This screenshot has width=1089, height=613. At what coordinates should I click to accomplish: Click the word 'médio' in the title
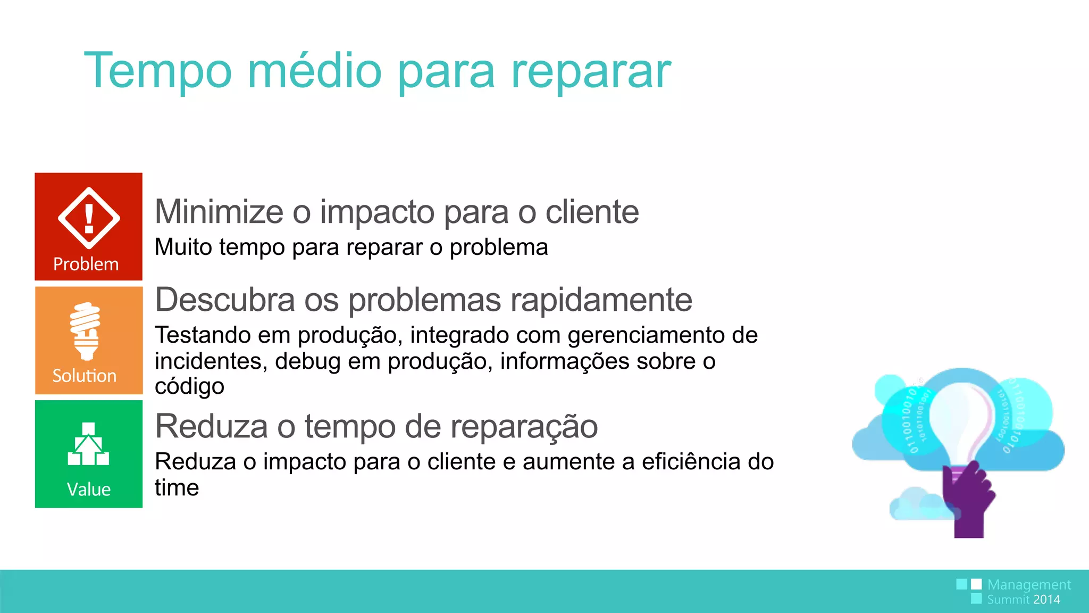315,71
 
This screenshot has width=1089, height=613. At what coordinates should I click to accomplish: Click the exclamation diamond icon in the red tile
89,218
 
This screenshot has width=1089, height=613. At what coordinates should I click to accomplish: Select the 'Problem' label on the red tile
86,264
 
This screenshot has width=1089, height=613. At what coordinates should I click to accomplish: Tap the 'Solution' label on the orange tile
85,376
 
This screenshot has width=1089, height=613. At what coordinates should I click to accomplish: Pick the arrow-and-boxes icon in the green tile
88,444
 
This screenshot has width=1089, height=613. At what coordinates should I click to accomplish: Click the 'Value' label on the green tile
89,489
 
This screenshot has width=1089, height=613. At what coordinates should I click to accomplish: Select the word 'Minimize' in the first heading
219,212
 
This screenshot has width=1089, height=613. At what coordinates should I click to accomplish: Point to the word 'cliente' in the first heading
592,212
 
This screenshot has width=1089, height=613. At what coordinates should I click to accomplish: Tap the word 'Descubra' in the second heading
225,300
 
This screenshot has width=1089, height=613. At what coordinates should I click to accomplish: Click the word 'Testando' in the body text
203,335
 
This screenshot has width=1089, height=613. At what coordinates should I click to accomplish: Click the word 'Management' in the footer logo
1029,585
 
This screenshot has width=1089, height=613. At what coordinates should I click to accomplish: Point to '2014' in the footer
1046,600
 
